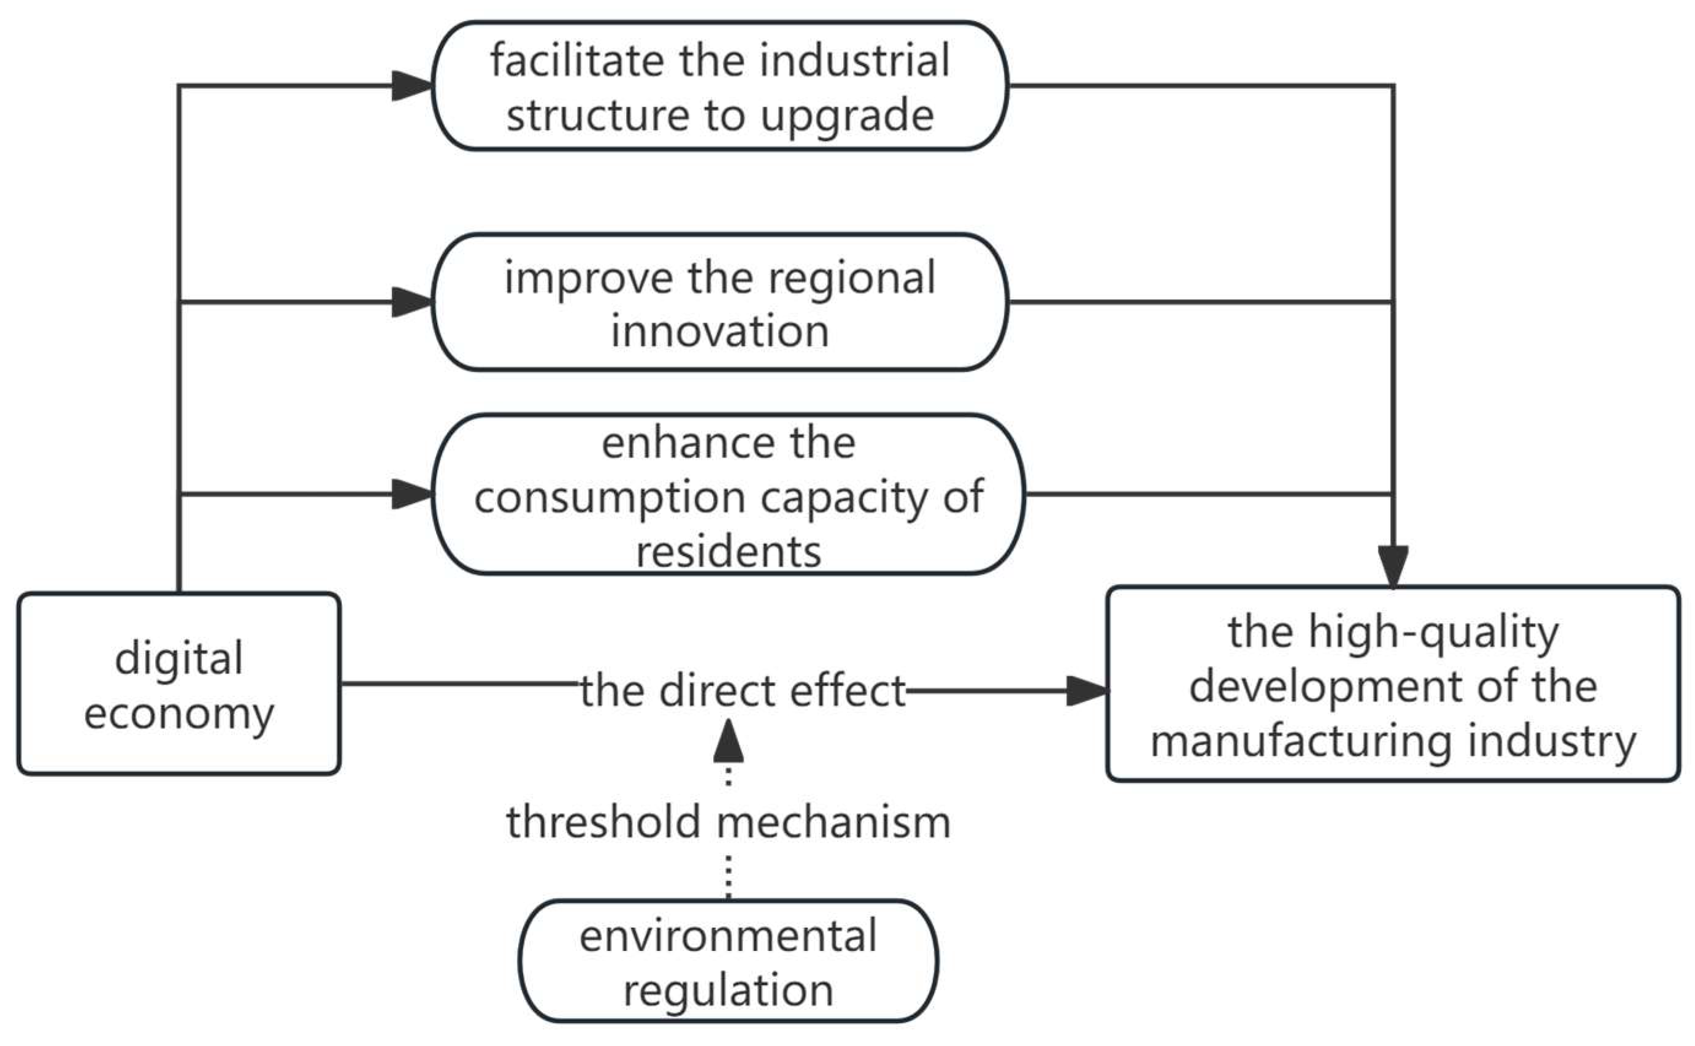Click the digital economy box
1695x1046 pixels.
[x=178, y=684]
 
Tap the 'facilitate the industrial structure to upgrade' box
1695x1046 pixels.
[x=719, y=86]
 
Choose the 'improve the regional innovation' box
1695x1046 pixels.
[x=719, y=302]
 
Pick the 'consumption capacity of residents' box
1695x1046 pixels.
[x=728, y=495]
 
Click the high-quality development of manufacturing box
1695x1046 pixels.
[x=1392, y=685]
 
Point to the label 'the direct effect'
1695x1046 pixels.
[x=743, y=690]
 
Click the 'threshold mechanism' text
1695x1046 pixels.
[x=728, y=822]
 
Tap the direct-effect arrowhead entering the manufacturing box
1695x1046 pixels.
[x=1086, y=690]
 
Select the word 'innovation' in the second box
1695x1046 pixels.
[x=719, y=330]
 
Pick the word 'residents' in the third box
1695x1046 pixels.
[x=728, y=552]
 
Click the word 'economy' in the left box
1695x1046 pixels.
[x=178, y=712]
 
